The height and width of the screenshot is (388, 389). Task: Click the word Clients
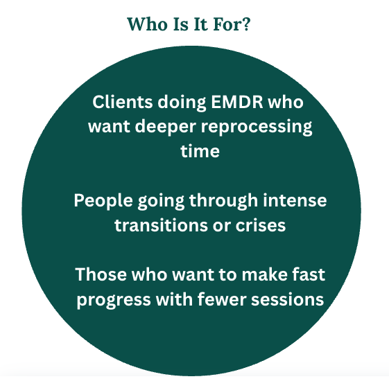click(x=122, y=102)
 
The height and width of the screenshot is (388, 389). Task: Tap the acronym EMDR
click(x=237, y=102)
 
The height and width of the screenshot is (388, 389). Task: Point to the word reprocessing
click(x=257, y=127)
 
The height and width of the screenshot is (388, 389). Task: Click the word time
click(x=200, y=151)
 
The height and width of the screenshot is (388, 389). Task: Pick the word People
click(x=103, y=201)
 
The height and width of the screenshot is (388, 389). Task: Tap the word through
click(x=223, y=201)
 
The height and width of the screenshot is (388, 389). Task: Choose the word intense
click(x=295, y=200)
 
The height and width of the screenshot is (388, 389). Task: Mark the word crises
click(x=261, y=225)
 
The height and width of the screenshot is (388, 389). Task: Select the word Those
click(x=101, y=274)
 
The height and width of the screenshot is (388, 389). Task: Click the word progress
click(x=114, y=300)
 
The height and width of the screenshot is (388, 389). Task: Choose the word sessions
click(x=288, y=299)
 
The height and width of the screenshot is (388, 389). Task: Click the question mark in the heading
click(x=246, y=24)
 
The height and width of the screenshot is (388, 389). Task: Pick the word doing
click(x=182, y=103)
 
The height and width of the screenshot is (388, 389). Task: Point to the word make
click(x=264, y=274)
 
